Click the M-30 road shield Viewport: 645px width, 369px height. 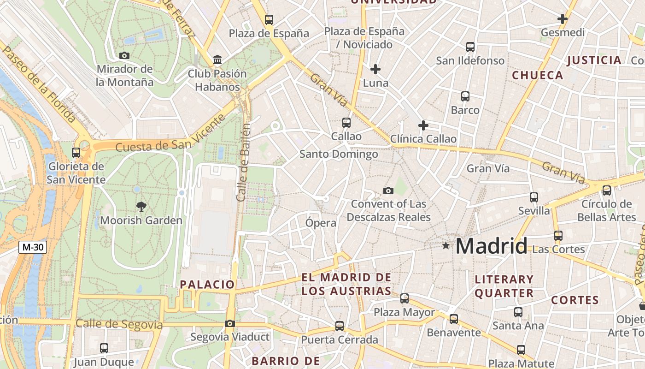33,247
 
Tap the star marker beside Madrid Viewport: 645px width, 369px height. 446,246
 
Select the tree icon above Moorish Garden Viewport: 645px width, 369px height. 141,207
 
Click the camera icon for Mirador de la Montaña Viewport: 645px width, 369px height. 124,56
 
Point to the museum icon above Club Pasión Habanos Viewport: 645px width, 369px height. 217,60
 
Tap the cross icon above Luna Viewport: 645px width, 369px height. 375,70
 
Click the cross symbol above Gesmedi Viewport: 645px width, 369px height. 562,19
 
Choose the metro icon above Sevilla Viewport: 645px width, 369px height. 534,197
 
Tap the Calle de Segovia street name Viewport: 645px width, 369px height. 119,324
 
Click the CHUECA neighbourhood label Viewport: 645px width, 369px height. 538,75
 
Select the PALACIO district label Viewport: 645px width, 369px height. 207,285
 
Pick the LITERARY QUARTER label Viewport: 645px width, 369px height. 504,286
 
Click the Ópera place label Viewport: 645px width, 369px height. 321,223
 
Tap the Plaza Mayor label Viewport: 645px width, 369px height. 404,312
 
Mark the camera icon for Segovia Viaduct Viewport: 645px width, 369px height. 230,324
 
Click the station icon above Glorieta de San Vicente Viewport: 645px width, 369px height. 76,152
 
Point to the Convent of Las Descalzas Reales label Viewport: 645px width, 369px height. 388,210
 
